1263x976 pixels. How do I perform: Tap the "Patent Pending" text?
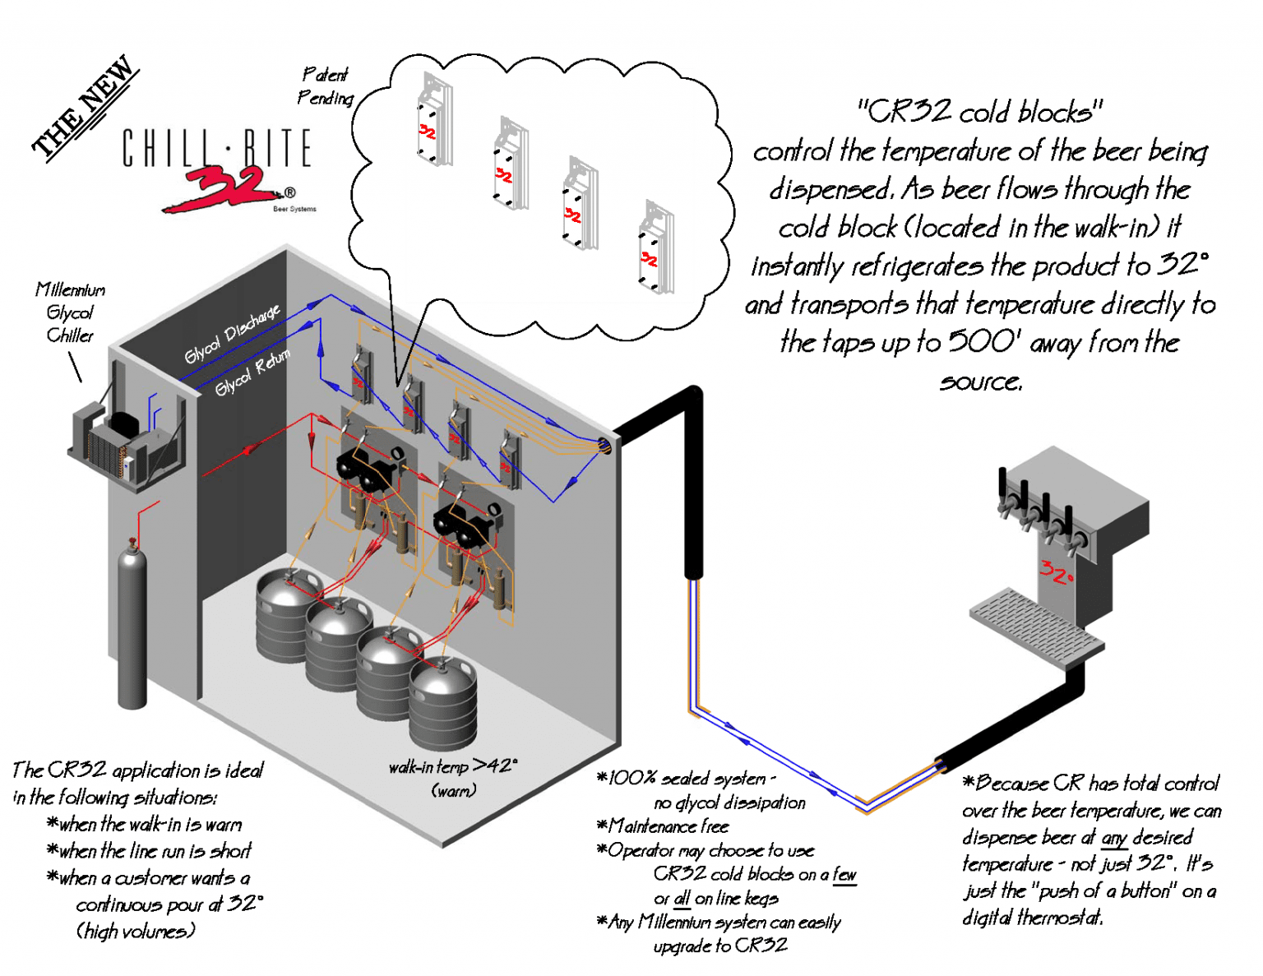pyautogui.click(x=326, y=86)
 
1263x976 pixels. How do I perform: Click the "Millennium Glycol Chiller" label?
pyautogui.click(x=70, y=312)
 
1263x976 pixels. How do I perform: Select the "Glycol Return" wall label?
pyautogui.click(x=252, y=372)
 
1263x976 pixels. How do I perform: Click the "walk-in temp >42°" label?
pyautogui.click(x=453, y=766)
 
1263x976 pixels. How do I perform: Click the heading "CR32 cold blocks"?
pyautogui.click(x=980, y=111)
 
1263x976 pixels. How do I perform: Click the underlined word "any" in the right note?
pyautogui.click(x=1114, y=838)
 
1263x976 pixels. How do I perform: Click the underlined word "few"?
pyautogui.click(x=844, y=874)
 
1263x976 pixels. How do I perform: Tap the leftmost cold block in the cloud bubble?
pyautogui.click(x=433, y=121)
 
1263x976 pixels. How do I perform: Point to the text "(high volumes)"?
pyautogui.click(x=136, y=931)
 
